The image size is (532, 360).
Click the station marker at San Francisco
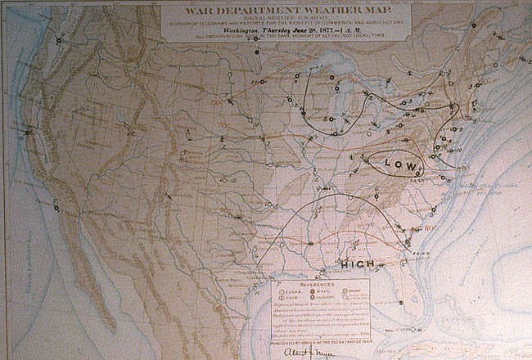pos(28,132)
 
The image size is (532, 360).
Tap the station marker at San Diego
pos(56,208)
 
